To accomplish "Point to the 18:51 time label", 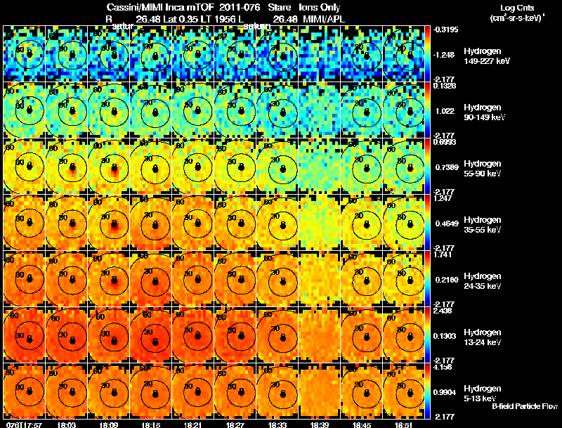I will (x=405, y=424).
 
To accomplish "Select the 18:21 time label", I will (x=194, y=424).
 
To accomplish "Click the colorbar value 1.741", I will (x=443, y=254).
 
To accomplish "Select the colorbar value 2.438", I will (x=443, y=311).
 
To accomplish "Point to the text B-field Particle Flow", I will (x=524, y=407).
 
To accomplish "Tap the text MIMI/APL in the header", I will (x=324, y=19).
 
